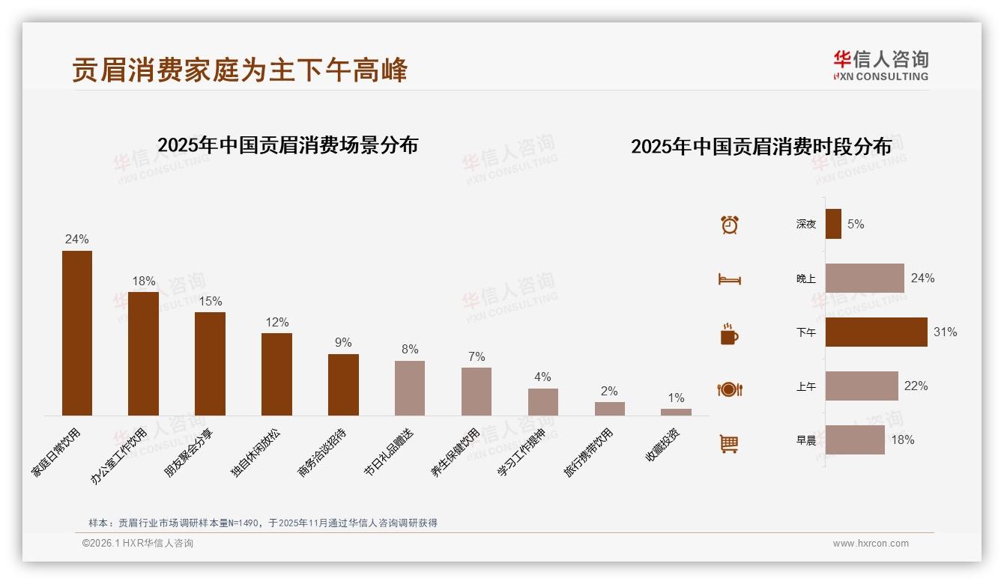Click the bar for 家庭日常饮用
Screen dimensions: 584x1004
(77, 333)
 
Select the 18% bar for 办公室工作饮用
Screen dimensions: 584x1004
(143, 353)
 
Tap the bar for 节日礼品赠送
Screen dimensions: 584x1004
(410, 388)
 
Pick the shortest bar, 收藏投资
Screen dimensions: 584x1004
(676, 412)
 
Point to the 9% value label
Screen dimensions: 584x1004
(343, 342)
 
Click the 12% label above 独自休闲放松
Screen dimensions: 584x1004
(276, 322)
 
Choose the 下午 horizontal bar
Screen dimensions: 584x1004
(876, 332)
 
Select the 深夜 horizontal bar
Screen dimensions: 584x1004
(833, 224)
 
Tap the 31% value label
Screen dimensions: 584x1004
(945, 332)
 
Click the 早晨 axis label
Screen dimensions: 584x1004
(806, 440)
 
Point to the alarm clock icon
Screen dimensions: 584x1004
(730, 225)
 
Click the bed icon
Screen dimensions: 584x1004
(730, 279)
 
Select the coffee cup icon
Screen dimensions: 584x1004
(729, 334)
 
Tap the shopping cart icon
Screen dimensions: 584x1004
(729, 443)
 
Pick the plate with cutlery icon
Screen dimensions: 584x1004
(730, 389)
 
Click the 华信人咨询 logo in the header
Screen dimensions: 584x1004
(880, 66)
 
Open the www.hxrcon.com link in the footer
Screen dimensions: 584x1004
(871, 544)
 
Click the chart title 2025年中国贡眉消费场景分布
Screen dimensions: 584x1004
(288, 145)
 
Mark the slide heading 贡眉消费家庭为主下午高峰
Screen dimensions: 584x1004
(240, 70)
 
